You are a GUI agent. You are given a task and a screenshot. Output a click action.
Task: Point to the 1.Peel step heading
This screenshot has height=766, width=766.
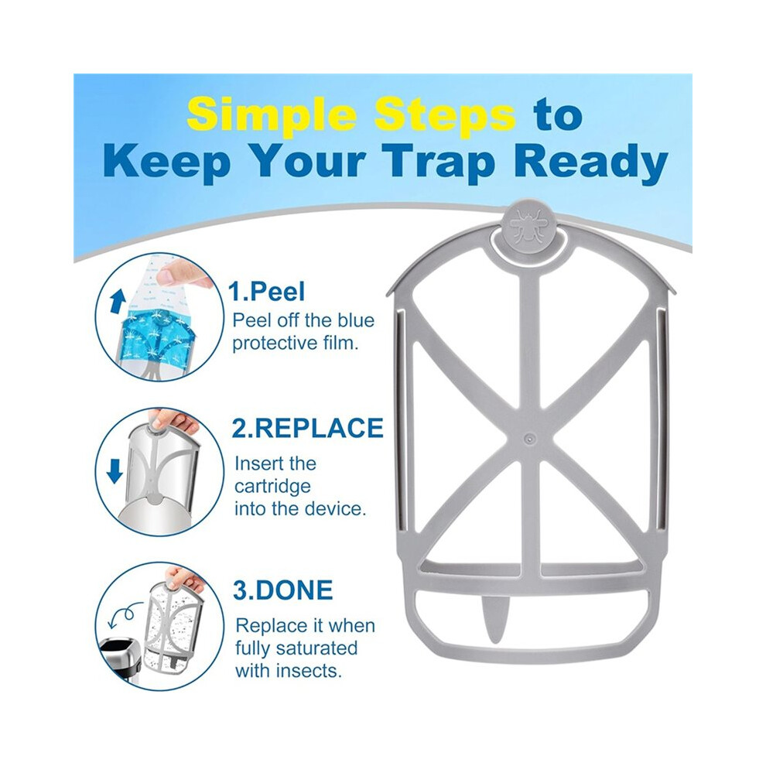pos(267,292)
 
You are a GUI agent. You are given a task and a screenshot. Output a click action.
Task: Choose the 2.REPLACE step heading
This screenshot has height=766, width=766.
pos(308,428)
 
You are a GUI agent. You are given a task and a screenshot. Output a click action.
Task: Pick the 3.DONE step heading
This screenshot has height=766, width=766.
pos(283,590)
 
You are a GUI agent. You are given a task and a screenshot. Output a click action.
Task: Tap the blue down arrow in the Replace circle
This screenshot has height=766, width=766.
pos(115,471)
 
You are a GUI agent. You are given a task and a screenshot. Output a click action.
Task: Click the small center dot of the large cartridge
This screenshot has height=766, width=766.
pos(528,438)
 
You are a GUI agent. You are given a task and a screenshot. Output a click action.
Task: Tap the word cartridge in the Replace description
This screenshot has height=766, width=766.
pos(272,487)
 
